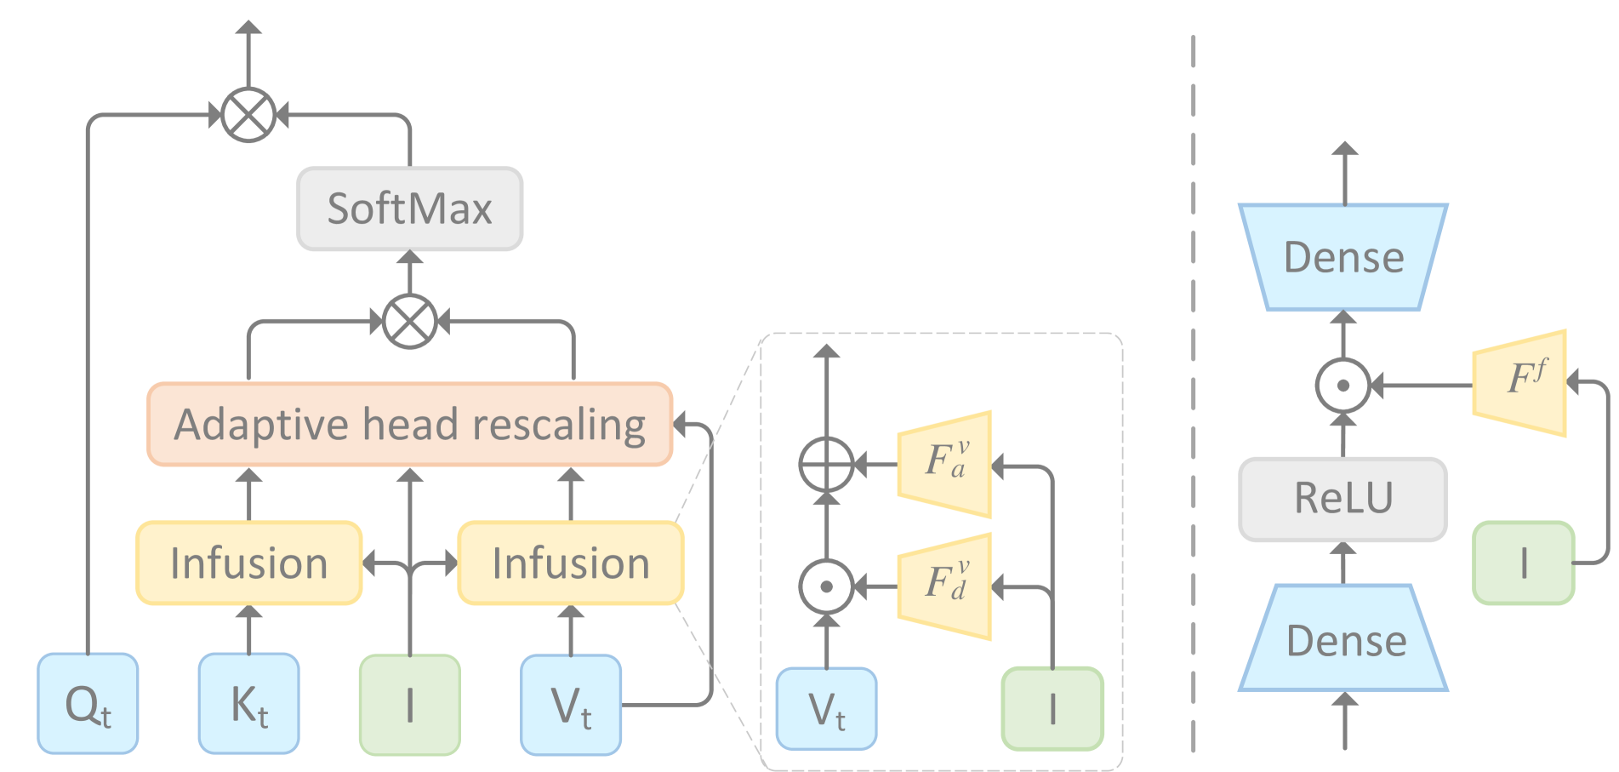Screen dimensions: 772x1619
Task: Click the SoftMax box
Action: click(409, 209)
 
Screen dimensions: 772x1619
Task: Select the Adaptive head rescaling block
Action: click(409, 424)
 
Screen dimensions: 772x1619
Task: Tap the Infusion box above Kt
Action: click(248, 563)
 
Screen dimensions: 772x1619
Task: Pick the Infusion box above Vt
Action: click(570, 563)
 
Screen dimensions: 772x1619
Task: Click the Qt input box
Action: click(88, 704)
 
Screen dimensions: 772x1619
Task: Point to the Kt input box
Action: click(248, 704)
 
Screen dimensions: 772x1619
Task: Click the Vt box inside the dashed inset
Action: click(826, 709)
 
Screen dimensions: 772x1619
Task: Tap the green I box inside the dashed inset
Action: click(1052, 709)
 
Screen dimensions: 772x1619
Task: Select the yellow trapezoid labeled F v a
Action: click(945, 465)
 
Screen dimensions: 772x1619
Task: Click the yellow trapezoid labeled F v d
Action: click(945, 586)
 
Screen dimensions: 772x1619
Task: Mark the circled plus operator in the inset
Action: click(826, 465)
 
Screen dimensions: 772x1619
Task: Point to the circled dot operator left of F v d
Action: click(826, 586)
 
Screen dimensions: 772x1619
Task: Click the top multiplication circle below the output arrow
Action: click(248, 115)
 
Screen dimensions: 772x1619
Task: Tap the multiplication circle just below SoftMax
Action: click(409, 322)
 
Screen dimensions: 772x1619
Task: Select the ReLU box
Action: click(1343, 499)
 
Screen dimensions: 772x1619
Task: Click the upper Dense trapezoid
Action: click(1343, 257)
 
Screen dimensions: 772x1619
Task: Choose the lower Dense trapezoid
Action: click(1343, 638)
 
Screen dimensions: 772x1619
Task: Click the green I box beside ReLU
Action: click(1523, 563)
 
